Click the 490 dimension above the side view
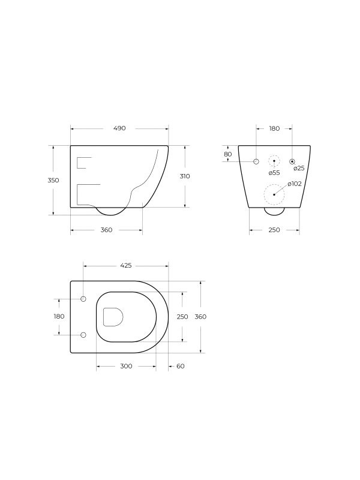[119, 128]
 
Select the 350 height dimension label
[53, 180]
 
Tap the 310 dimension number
[185, 176]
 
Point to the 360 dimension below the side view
[106, 230]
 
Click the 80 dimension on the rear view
[227, 154]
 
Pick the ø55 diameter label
[274, 173]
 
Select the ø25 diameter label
[299, 169]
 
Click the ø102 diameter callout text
[294, 184]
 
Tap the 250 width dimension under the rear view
[274, 230]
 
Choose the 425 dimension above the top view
[126, 265]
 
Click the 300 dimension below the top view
[126, 366]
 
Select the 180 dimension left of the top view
[59, 316]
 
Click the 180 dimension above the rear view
[274, 128]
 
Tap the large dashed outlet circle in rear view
[274, 194]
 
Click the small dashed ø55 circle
[274, 161]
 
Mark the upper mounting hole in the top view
[83, 299]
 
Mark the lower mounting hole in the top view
[83, 334]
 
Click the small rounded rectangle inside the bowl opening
[113, 317]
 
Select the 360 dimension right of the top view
[201, 317]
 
